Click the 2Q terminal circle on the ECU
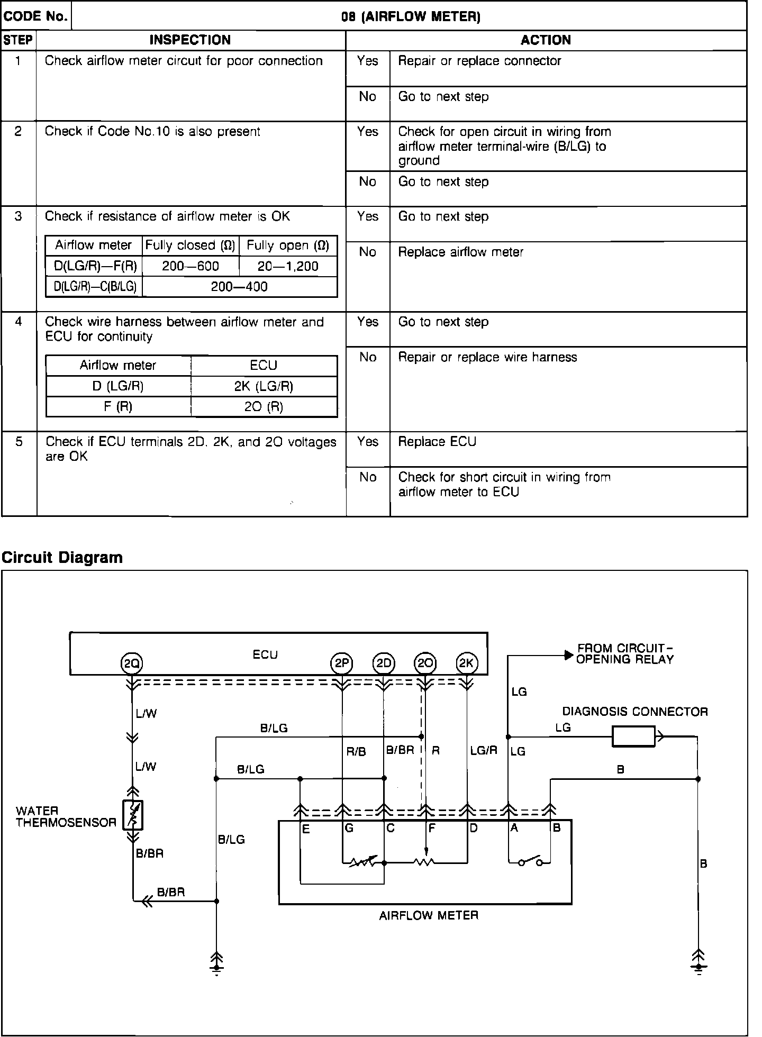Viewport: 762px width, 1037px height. point(132,663)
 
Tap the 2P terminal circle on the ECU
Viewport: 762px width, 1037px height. point(341,663)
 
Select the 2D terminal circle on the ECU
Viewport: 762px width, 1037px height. point(384,663)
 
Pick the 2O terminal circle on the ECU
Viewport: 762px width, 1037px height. point(425,663)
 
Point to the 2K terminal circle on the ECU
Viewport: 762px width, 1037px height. point(467,663)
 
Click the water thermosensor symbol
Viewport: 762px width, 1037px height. point(133,815)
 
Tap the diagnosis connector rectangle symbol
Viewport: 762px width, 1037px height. point(633,736)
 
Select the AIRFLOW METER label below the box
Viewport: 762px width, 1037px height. point(429,915)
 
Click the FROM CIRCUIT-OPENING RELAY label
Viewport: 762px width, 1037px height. point(624,654)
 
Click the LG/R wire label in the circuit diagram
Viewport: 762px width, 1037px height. point(484,750)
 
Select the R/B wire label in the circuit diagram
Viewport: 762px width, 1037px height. point(356,751)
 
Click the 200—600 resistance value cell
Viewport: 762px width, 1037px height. point(190,266)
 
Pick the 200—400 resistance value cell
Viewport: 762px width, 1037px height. point(239,287)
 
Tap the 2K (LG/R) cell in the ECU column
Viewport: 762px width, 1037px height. point(264,386)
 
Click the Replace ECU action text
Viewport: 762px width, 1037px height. point(437,442)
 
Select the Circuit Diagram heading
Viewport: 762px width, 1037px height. point(62,557)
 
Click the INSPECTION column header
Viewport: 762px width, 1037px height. point(190,40)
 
